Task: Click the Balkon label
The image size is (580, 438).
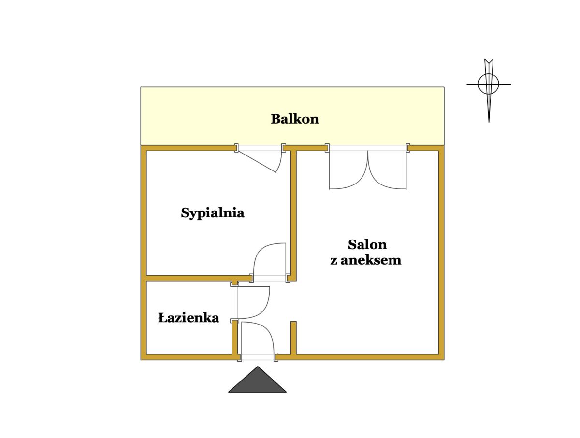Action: [x=294, y=119]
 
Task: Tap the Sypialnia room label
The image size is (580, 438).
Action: [x=213, y=212]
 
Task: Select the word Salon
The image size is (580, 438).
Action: [x=367, y=244]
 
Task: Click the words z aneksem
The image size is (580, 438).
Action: [x=366, y=260]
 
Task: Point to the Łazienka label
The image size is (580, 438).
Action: [x=188, y=318]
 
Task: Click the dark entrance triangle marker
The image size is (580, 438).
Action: [x=257, y=381]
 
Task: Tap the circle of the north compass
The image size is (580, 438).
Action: [x=489, y=84]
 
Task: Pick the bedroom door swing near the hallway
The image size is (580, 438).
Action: [x=268, y=258]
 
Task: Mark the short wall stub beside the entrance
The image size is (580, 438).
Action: [x=293, y=338]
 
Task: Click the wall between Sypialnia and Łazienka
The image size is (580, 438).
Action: [x=188, y=278]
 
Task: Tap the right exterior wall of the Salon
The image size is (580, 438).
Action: [x=441, y=251]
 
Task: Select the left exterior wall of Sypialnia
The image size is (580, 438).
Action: [x=144, y=212]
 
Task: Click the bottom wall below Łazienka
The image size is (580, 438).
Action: [x=188, y=357]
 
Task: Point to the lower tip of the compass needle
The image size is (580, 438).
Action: [x=489, y=121]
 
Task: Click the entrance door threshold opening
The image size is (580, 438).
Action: [x=258, y=357]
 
